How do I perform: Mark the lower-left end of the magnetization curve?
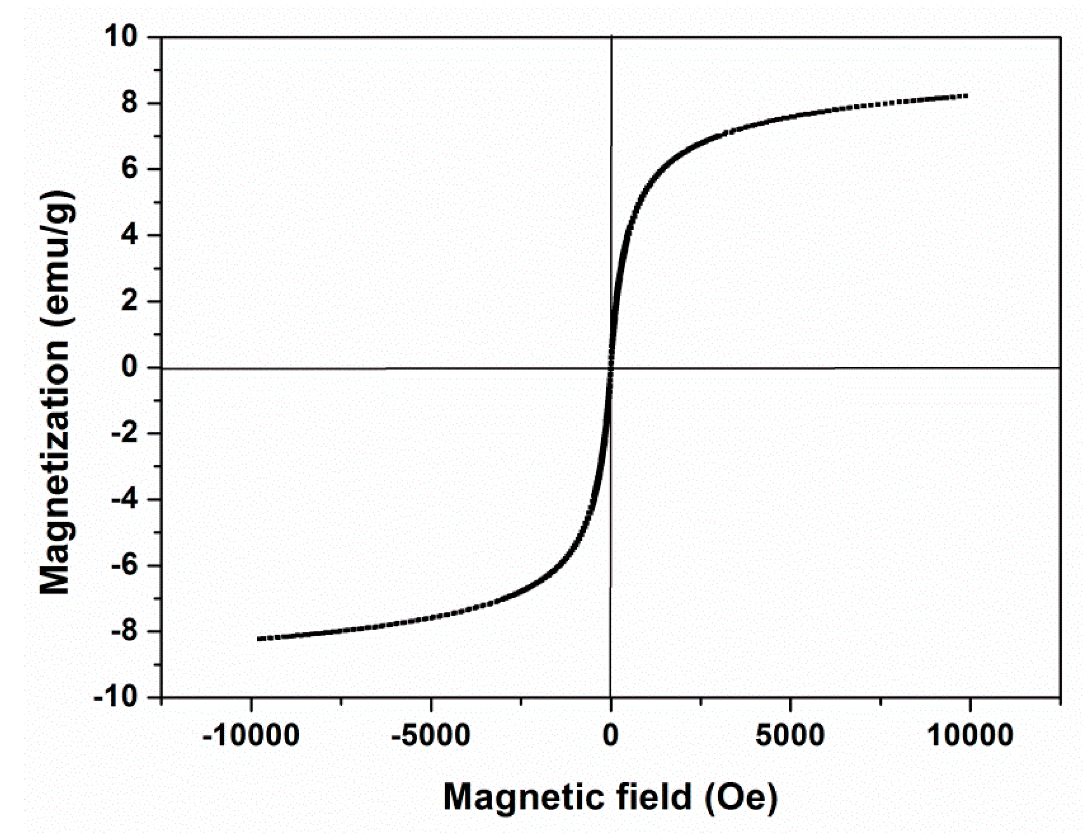click(258, 639)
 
